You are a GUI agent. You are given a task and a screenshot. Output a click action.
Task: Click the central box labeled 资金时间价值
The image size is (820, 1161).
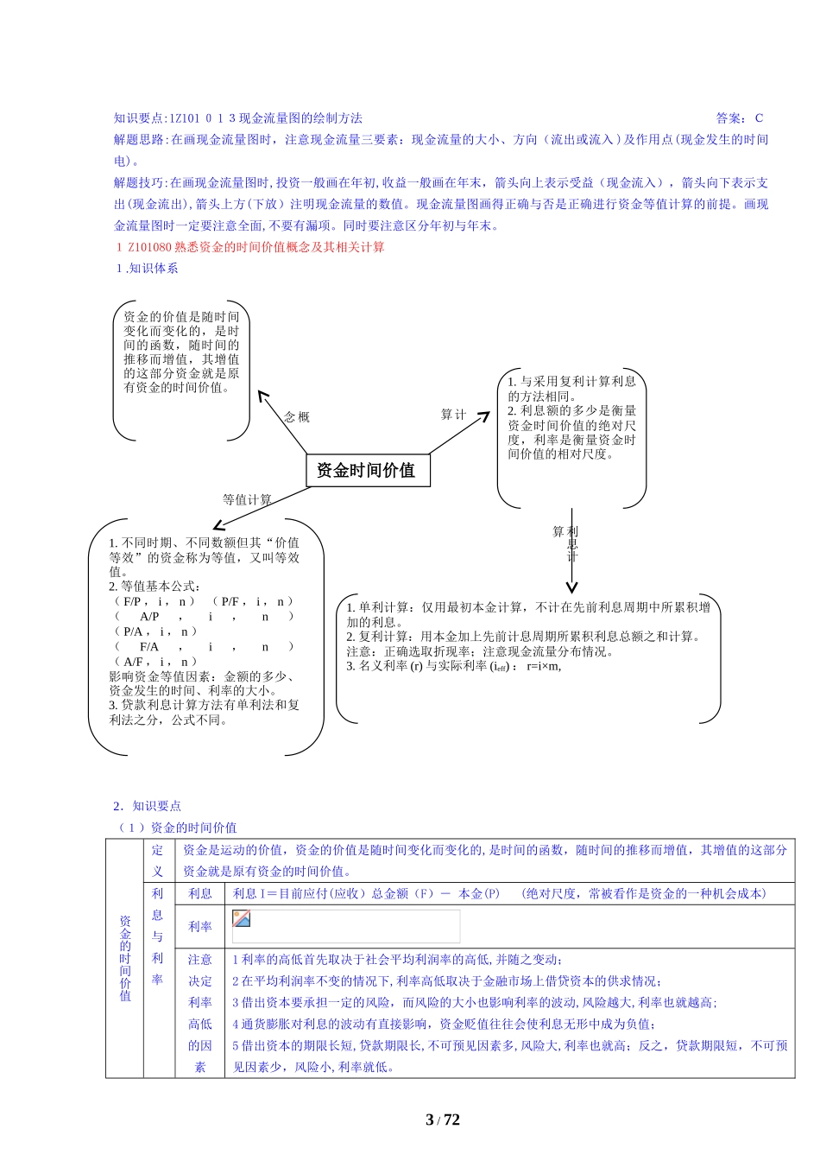(x=368, y=470)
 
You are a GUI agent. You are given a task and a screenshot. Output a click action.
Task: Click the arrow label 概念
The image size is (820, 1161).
(x=297, y=416)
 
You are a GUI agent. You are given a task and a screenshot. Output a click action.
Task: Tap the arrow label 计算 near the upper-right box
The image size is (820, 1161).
(x=453, y=415)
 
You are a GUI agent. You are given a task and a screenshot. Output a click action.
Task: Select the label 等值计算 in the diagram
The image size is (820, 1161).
(x=247, y=499)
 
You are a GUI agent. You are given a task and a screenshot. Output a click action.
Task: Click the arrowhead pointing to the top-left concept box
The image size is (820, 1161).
(x=262, y=395)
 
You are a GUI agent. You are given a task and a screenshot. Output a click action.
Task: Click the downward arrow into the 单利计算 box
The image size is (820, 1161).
(x=571, y=587)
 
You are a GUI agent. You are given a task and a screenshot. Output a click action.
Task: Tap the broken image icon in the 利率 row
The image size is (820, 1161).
(x=242, y=918)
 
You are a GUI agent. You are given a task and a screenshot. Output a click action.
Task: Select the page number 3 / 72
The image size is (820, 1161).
(x=443, y=1120)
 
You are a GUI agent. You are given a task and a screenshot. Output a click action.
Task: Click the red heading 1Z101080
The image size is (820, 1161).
(x=250, y=247)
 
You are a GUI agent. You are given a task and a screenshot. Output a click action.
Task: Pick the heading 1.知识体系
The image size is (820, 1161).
(x=148, y=268)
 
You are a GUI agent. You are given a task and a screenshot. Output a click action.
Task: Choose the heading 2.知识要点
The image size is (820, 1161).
(x=148, y=806)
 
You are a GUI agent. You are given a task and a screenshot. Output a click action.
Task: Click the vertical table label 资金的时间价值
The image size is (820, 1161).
(x=125, y=958)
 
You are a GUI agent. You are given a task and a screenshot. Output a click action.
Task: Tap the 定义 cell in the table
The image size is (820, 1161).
(x=158, y=860)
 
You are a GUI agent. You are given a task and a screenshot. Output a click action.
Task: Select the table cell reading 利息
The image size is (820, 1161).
(x=200, y=893)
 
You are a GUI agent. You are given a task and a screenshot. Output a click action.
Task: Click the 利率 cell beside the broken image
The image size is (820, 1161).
(x=200, y=926)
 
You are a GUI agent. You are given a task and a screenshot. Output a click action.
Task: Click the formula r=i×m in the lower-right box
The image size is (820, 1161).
(x=543, y=666)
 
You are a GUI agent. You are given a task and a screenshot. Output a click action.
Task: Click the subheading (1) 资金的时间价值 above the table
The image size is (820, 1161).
(x=177, y=828)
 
